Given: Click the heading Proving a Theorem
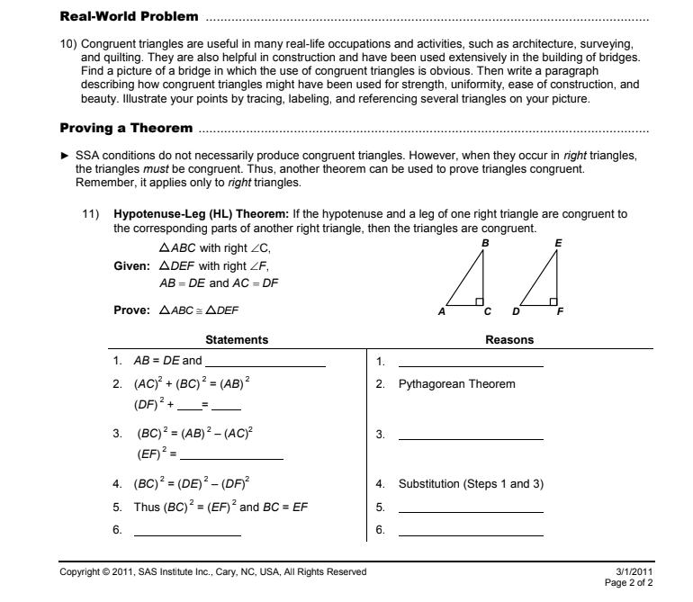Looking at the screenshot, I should click(125, 128).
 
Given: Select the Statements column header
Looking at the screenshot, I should click(237, 340).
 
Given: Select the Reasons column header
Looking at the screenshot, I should click(509, 340).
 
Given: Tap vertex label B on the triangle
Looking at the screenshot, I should click(486, 243).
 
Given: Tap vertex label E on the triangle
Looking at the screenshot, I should click(559, 243).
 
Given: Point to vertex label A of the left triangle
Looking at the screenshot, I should click(441, 311).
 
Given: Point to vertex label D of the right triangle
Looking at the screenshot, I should click(516, 311).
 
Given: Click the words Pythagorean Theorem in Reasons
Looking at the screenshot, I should click(457, 384).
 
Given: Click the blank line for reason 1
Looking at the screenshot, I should click(471, 364).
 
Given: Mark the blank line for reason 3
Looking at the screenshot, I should click(471, 436).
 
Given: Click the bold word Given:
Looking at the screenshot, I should click(132, 266).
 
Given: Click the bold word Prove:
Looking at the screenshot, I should click(132, 310).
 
